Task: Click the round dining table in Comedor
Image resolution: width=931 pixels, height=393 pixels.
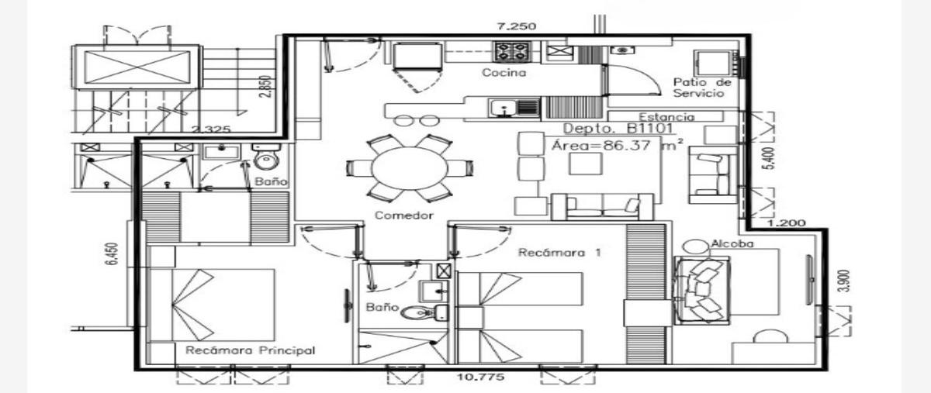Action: pyautogui.click(x=410, y=168)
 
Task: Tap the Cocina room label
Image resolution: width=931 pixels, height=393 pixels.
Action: pyautogui.click(x=504, y=73)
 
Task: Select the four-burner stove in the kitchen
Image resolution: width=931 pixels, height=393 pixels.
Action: pyautogui.click(x=511, y=51)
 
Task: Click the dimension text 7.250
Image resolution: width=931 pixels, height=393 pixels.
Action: pyautogui.click(x=517, y=26)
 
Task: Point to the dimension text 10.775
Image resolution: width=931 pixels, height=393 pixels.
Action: pyautogui.click(x=480, y=377)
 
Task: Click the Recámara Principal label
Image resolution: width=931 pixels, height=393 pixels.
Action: pyautogui.click(x=250, y=350)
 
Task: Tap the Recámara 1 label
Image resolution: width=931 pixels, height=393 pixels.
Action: pyautogui.click(x=559, y=253)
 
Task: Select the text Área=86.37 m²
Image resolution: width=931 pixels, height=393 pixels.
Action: pyautogui.click(x=618, y=146)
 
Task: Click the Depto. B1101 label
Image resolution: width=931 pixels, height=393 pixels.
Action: pyautogui.click(x=618, y=129)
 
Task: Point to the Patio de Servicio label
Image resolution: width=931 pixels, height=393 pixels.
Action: pyautogui.click(x=702, y=88)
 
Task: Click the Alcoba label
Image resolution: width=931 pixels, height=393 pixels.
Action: pyautogui.click(x=732, y=243)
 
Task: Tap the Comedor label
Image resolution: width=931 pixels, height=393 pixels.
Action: pyautogui.click(x=404, y=215)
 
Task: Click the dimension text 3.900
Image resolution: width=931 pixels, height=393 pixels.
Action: pyautogui.click(x=846, y=281)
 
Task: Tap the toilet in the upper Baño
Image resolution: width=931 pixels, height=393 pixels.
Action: pyautogui.click(x=266, y=157)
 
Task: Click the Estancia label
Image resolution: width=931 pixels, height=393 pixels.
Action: pyautogui.click(x=666, y=117)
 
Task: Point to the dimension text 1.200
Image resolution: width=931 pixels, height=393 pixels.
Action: pyautogui.click(x=786, y=223)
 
